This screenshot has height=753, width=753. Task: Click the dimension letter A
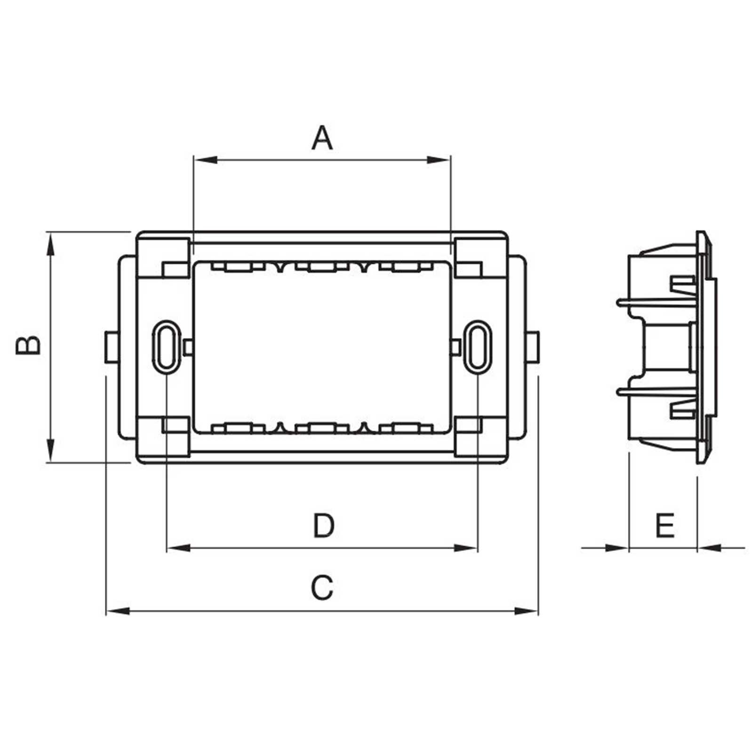tap(322, 137)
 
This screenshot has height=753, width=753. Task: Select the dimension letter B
tap(28, 345)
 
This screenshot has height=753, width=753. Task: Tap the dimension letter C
tap(322, 587)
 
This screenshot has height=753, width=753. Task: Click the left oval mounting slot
tap(166, 347)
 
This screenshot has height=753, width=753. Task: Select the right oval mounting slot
tap(478, 347)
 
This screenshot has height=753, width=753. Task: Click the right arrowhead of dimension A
tap(439, 160)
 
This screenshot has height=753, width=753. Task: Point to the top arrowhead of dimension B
tap(50, 245)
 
